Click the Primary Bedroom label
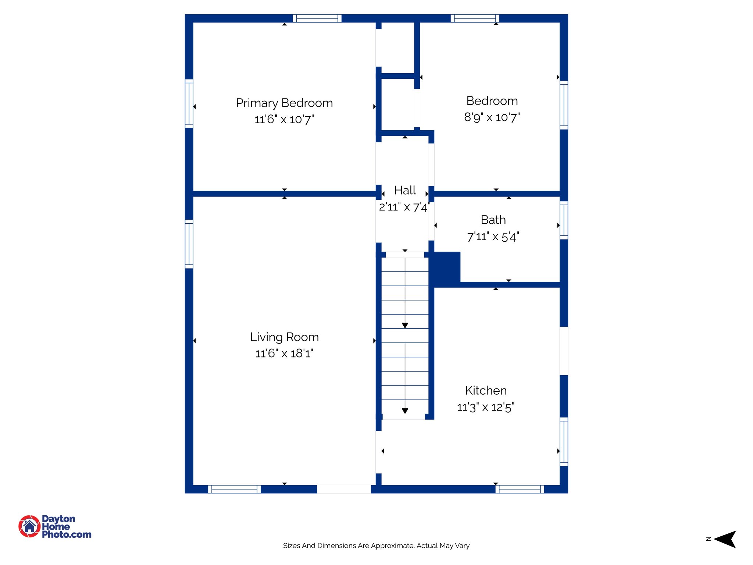point(284,103)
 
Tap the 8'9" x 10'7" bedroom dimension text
point(492,117)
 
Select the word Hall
point(405,190)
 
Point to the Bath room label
point(493,220)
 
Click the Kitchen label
point(486,390)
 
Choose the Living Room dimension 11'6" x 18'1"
point(284,353)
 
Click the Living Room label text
point(284,337)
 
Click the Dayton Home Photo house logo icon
point(29,526)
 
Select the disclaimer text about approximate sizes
point(376,546)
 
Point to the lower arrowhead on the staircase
point(405,411)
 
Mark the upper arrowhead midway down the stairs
point(405,326)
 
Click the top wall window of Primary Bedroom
point(317,18)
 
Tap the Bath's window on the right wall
point(564,220)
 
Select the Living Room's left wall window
point(189,244)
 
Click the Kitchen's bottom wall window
point(520,489)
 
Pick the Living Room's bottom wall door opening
point(344,489)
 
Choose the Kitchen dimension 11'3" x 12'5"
point(486,407)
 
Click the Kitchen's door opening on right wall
point(564,351)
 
